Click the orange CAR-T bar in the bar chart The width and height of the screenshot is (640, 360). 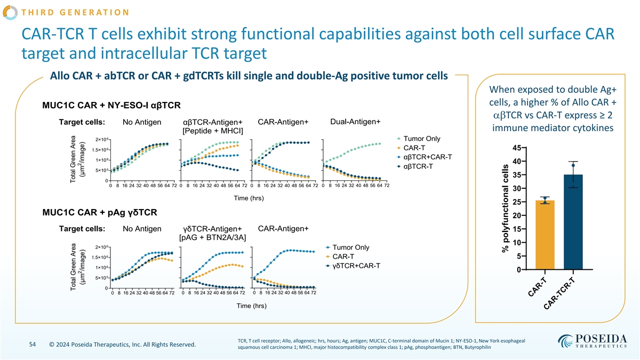pyautogui.click(x=545, y=235)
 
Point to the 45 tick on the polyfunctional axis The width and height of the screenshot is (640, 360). pyautogui.click(x=517, y=148)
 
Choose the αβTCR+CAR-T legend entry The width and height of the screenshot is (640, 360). pyautogui.click(x=428, y=157)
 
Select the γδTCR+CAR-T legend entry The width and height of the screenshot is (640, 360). pyautogui.click(x=356, y=266)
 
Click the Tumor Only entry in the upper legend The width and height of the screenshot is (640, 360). pyautogui.click(x=421, y=139)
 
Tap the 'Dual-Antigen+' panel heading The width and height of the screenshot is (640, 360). pyautogui.click(x=355, y=121)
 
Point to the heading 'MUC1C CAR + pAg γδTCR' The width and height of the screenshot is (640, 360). pyautogui.click(x=99, y=213)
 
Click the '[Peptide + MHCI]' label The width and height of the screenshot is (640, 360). pyautogui.click(x=213, y=131)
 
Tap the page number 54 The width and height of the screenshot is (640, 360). pyautogui.click(x=31, y=345)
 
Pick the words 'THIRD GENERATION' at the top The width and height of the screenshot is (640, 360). pyautogui.click(x=69, y=12)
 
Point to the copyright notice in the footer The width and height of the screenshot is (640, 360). pyautogui.click(x=122, y=345)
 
